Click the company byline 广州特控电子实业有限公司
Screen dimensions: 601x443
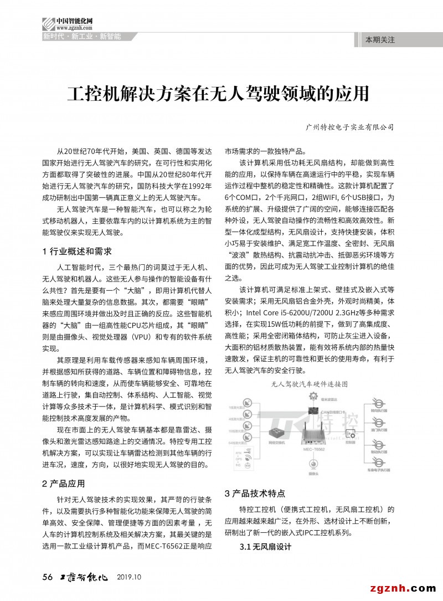(x=349, y=127)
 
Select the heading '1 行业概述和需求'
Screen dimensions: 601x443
(x=77, y=251)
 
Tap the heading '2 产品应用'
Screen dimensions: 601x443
(x=64, y=483)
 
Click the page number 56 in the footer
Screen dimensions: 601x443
(x=48, y=577)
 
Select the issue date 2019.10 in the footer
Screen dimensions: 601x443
(x=130, y=577)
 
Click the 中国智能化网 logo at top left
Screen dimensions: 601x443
(x=66, y=24)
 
